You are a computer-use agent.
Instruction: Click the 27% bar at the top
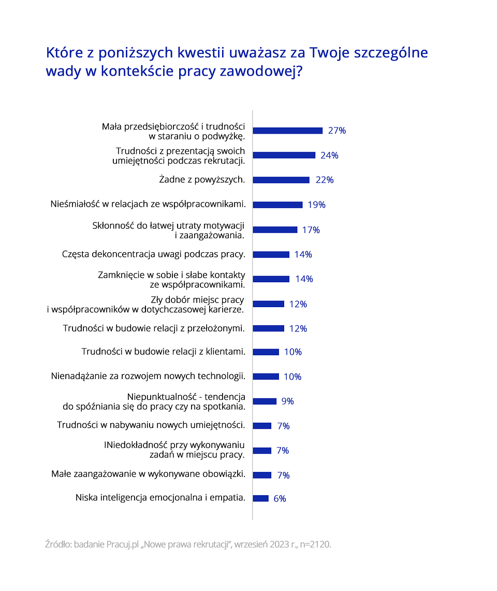pyautogui.click(x=287, y=131)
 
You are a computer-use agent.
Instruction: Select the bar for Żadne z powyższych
pyautogui.click(x=281, y=180)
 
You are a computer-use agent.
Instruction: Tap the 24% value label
pyautogui.click(x=329, y=155)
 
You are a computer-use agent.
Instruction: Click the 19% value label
pyautogui.click(x=316, y=205)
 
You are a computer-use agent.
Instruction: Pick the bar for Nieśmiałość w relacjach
pyautogui.click(x=277, y=205)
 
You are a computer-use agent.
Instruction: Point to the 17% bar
pyautogui.click(x=275, y=229)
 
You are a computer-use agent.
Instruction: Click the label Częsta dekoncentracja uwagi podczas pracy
pyautogui.click(x=154, y=254)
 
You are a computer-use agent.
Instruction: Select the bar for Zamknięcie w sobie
pyautogui.click(x=271, y=279)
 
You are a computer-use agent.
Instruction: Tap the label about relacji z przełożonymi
pyautogui.click(x=154, y=328)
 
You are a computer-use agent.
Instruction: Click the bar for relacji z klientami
pyautogui.click(x=266, y=352)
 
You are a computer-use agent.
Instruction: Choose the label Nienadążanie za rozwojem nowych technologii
pyautogui.click(x=148, y=377)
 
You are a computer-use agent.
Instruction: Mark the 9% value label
pyautogui.click(x=287, y=401)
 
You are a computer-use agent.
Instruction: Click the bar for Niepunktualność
pyautogui.click(x=265, y=401)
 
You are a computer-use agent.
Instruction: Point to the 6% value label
pyautogui.click(x=280, y=499)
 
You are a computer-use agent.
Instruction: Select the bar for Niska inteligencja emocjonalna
pyautogui.click(x=260, y=498)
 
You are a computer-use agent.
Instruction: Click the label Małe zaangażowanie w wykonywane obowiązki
pyautogui.click(x=148, y=474)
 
